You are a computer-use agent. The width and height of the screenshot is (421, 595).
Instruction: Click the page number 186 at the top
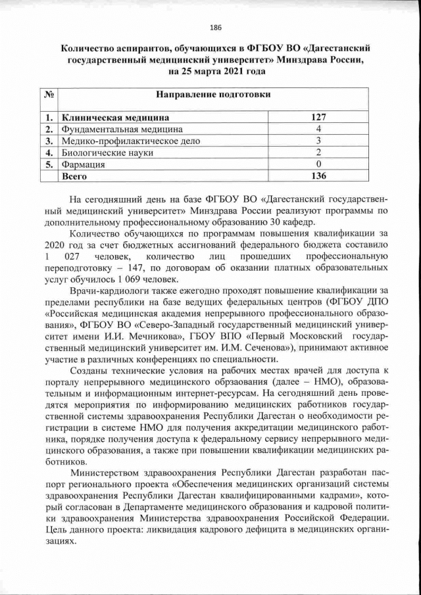tap(215, 27)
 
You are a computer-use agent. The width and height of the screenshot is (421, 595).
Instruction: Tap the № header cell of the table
tap(48, 95)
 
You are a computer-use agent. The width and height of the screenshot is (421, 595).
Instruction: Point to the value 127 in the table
tap(318, 118)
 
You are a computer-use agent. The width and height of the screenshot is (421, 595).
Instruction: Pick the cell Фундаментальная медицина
tap(122, 130)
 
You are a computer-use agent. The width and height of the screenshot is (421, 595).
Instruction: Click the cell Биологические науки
tap(107, 153)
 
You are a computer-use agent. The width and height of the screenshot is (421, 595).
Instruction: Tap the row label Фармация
tap(83, 164)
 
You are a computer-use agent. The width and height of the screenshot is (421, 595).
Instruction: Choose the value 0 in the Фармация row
tap(318, 164)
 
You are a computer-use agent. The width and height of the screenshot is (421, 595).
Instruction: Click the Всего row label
tap(74, 176)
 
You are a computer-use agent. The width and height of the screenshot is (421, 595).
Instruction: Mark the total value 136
tap(318, 176)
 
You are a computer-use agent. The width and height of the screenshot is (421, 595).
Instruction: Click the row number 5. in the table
tap(48, 164)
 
